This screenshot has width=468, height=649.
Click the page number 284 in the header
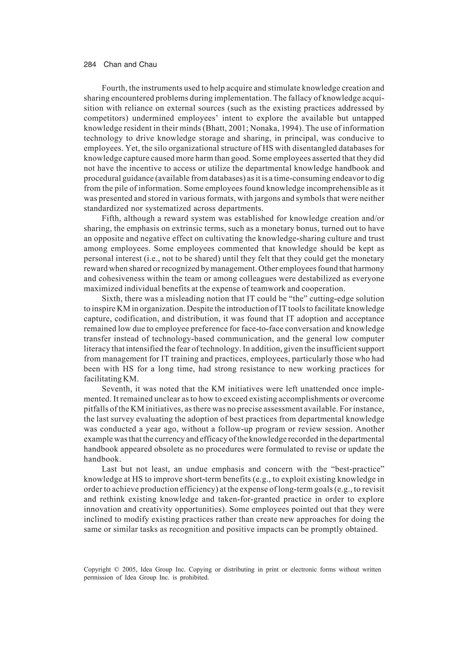click(90, 65)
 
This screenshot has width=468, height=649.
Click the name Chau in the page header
click(148, 65)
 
